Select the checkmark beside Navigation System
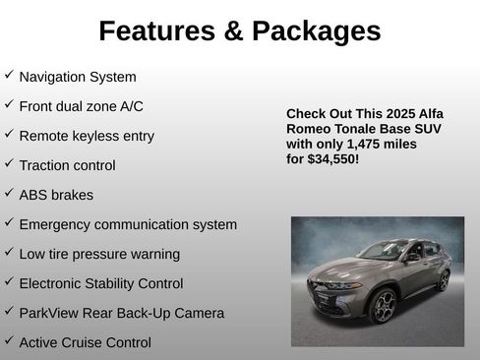[9, 75]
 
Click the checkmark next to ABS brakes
[9, 193]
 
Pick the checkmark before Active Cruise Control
[9, 340]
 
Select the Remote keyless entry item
[87, 136]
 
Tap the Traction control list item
[67, 165]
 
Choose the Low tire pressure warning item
[99, 254]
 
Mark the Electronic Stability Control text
[100, 283]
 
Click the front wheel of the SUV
[383, 306]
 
